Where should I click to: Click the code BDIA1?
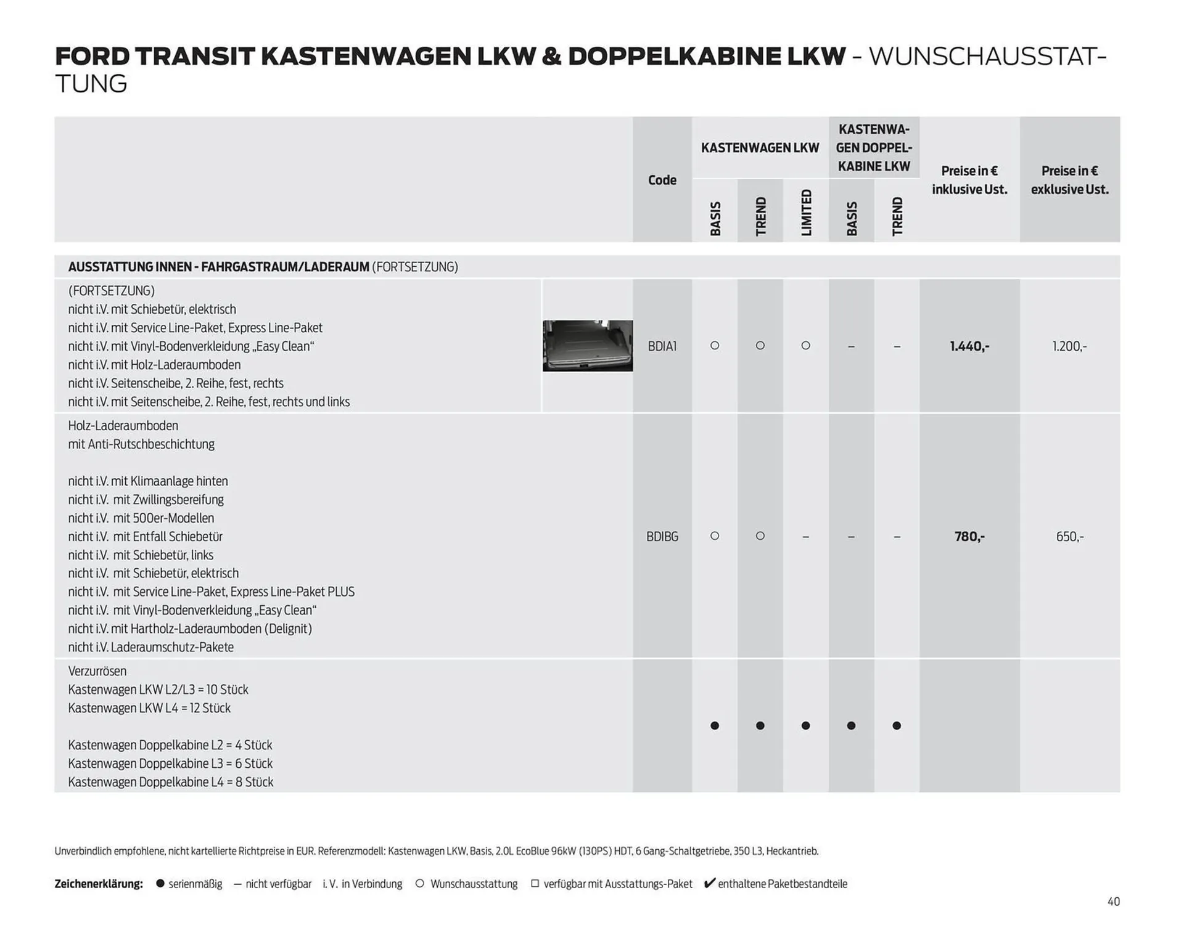pos(662,346)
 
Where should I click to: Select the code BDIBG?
pos(662,537)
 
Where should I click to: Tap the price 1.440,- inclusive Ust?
pos(969,346)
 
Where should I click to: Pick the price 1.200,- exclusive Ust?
pos(1069,346)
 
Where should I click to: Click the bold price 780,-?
pos(969,537)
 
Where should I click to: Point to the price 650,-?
pos(1069,537)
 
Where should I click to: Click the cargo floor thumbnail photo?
pos(587,346)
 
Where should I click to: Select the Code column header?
pos(662,180)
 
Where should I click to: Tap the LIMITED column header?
pos(806,212)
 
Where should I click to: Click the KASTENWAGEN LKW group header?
pos(760,148)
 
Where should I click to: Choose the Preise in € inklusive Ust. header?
pos(969,180)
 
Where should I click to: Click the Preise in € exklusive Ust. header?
pos(1069,180)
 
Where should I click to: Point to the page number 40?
pos(1113,902)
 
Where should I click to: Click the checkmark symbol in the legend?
pos(709,883)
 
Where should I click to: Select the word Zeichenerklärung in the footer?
pos(99,884)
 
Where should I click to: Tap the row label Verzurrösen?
pos(97,671)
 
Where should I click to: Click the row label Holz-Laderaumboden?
pos(123,426)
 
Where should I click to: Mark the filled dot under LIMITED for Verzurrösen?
pos(805,726)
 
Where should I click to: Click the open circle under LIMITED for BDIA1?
pos(805,346)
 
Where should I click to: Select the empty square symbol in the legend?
pos(535,883)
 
